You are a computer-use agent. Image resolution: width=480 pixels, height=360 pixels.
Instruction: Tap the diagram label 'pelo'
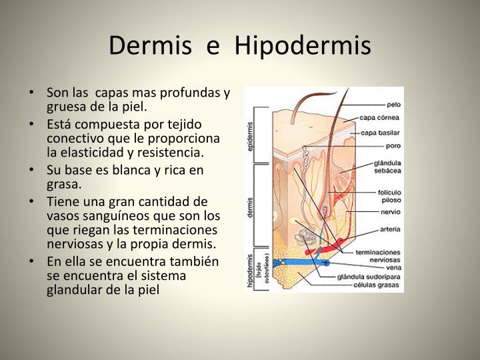pyautogui.click(x=393, y=105)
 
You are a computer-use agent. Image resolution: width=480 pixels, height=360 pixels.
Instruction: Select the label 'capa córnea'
pyautogui.click(x=380, y=119)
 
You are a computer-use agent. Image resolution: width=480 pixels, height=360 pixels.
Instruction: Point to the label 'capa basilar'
pyautogui.click(x=380, y=132)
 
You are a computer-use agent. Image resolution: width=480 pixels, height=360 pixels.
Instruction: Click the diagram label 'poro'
pyautogui.click(x=392, y=146)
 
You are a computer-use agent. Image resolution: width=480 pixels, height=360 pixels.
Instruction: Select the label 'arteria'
pyautogui.click(x=389, y=229)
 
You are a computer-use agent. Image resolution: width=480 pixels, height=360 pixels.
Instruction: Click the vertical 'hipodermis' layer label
pyautogui.click(x=250, y=271)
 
